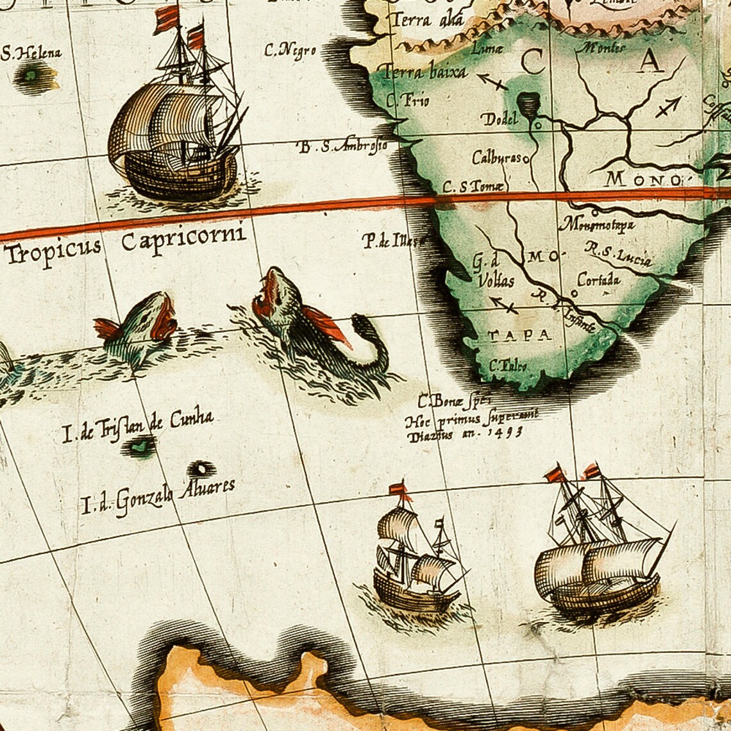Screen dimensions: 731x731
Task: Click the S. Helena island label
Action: [x=31, y=53]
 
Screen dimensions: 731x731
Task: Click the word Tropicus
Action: [x=53, y=250]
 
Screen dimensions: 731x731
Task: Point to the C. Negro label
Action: [x=290, y=51]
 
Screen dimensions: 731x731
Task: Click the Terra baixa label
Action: [x=424, y=72]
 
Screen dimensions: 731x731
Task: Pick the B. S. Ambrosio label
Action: [x=343, y=146]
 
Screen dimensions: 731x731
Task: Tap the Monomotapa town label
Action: [x=598, y=224]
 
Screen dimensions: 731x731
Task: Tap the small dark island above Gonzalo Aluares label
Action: [x=201, y=468]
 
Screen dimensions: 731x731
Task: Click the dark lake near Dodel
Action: [x=528, y=103]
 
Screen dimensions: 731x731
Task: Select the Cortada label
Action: [x=598, y=280]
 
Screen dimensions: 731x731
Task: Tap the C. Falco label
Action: [x=508, y=366]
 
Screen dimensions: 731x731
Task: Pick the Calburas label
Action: [x=496, y=157]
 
